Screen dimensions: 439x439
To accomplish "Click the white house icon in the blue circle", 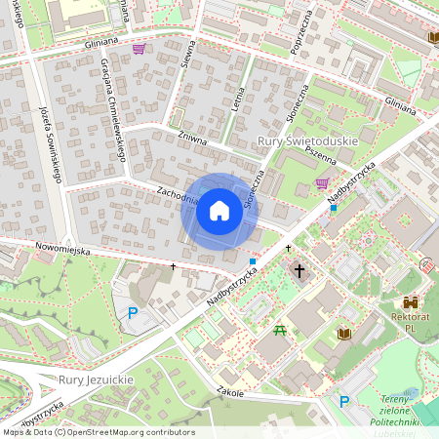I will [219, 211].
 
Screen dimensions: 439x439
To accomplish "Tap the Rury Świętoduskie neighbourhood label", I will [307, 142].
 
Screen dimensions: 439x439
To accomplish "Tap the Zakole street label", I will [231, 392].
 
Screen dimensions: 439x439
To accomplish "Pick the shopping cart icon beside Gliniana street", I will [140, 49].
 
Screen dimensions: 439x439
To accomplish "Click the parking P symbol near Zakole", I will [344, 402].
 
